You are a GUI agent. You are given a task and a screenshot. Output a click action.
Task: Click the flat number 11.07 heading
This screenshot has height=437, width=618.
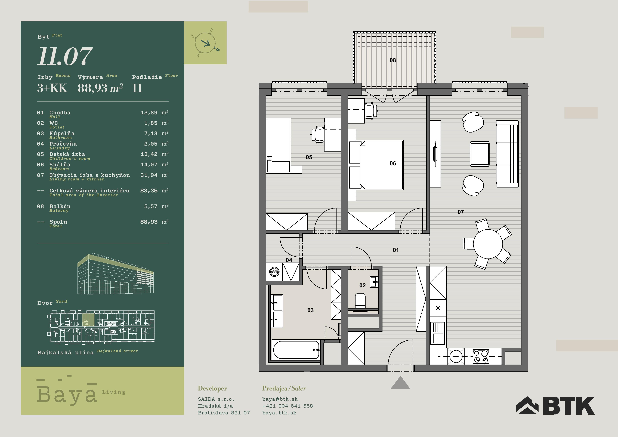tap(65, 56)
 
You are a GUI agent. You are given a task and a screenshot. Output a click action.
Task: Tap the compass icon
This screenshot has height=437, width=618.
tap(205, 43)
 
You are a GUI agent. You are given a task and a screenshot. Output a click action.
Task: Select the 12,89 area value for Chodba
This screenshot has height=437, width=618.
tap(149, 113)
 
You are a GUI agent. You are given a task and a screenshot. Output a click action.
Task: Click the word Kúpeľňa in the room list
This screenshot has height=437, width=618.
tap(62, 133)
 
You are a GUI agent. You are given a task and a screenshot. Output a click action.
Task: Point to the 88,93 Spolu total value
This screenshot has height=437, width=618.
tap(149, 222)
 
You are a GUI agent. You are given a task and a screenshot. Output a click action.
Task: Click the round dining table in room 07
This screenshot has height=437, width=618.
tap(488, 244)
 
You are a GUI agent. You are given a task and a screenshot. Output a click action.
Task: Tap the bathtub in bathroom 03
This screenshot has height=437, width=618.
tap(296, 350)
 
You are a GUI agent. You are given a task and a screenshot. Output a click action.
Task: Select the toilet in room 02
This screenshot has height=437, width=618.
tap(360, 300)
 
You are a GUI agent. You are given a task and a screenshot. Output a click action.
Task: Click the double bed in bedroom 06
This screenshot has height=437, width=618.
tap(381, 165)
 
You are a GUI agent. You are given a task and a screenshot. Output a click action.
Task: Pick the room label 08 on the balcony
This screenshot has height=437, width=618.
tap(393, 60)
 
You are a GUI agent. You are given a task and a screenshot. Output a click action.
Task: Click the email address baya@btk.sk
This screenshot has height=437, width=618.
tap(280, 399)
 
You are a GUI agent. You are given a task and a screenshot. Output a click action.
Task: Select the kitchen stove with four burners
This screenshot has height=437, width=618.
tap(481, 356)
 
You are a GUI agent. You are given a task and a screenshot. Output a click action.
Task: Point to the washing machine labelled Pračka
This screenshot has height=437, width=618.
tap(274, 272)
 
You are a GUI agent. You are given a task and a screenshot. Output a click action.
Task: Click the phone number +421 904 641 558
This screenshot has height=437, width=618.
tap(288, 406)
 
